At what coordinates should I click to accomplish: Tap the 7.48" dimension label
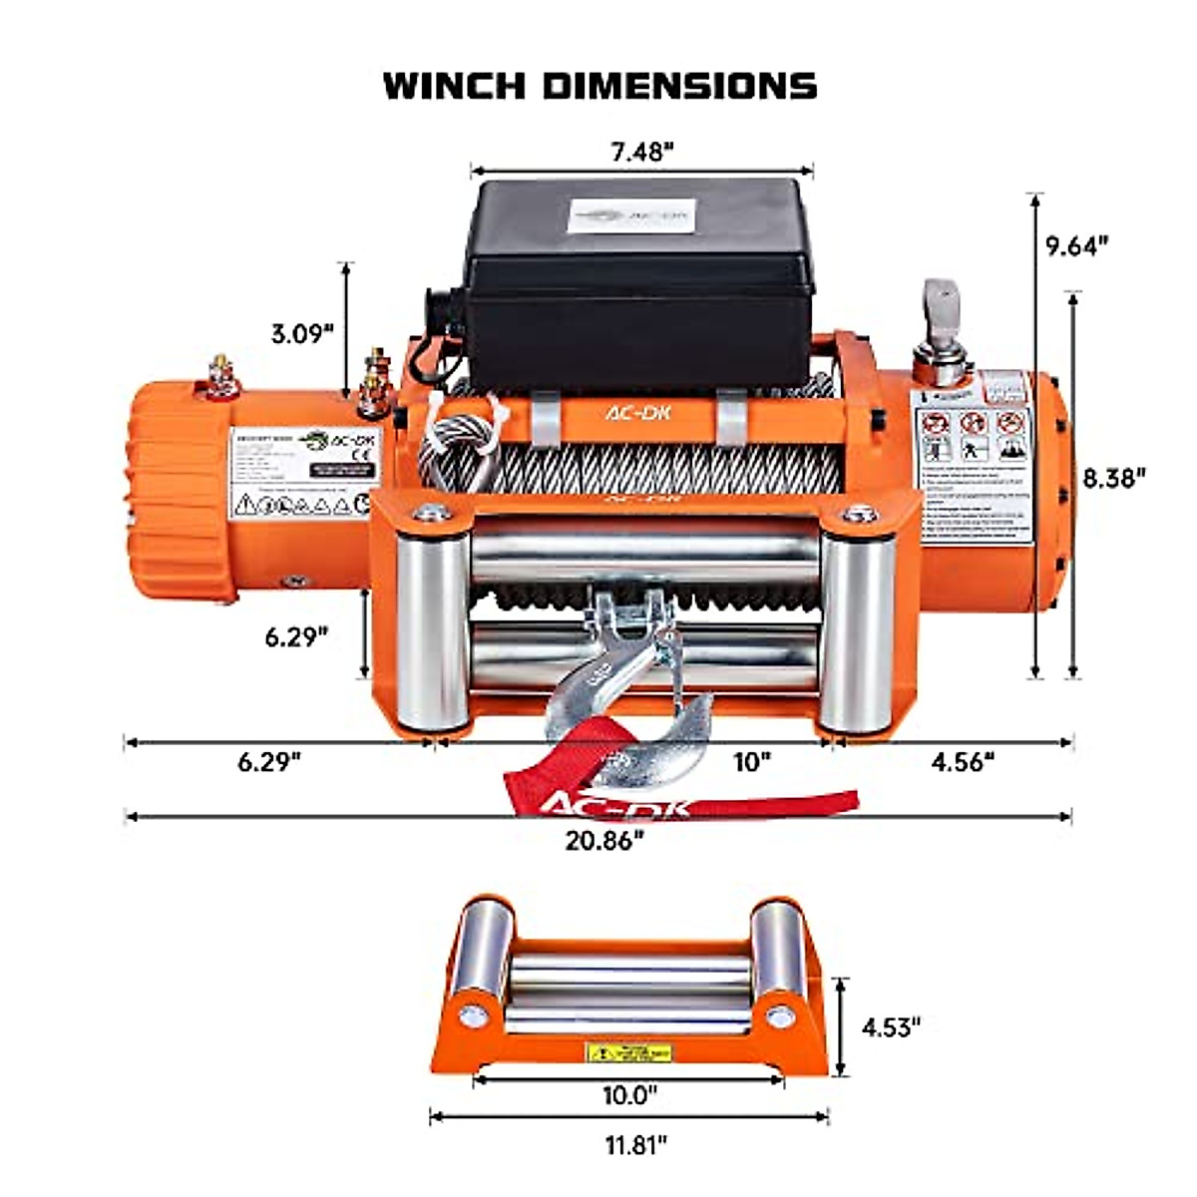click(642, 152)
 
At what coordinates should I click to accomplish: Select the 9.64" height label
click(1078, 245)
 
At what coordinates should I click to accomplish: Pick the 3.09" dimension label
click(302, 332)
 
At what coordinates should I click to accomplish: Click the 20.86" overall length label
click(604, 840)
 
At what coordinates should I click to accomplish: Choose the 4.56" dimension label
click(963, 762)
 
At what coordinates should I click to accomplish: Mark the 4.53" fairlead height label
click(890, 1026)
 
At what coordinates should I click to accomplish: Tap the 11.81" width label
click(635, 1144)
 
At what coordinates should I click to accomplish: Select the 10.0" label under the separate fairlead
click(629, 1095)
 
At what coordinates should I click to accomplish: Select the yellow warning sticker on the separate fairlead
click(628, 1052)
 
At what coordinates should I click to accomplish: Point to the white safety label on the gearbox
click(974, 459)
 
